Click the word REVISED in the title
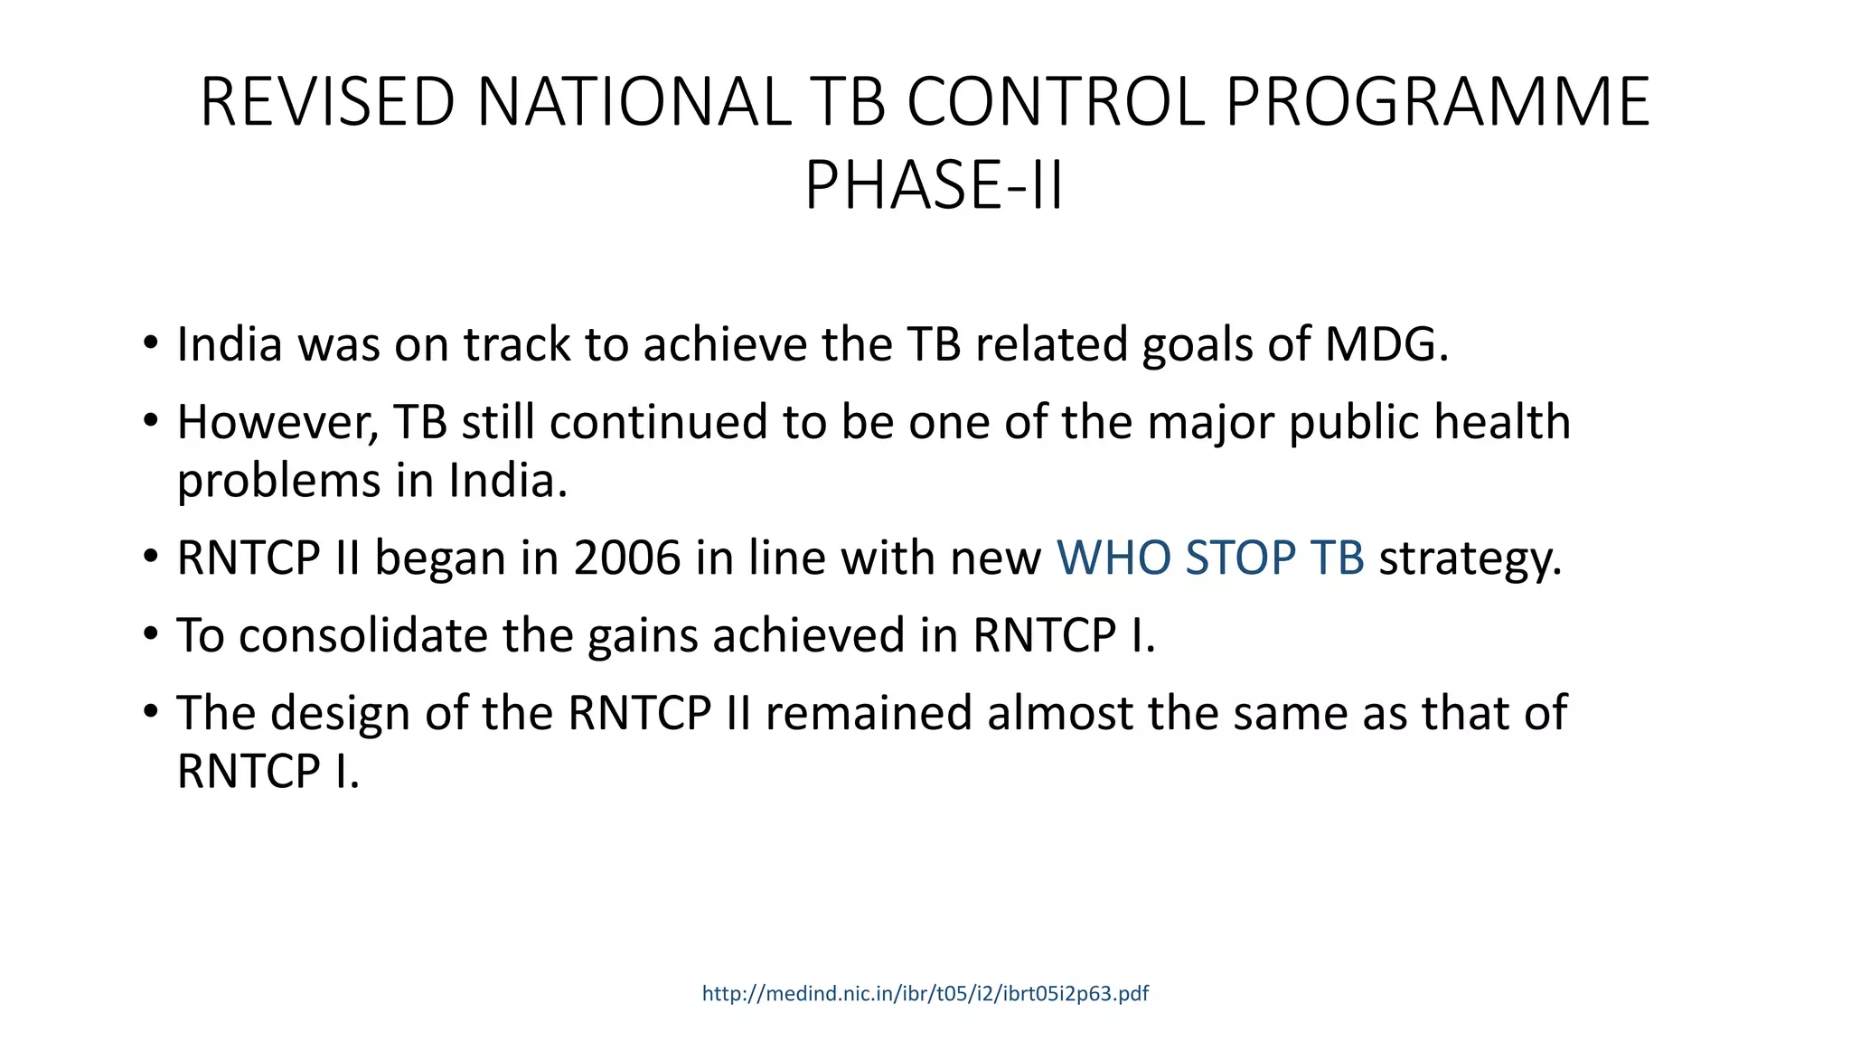pos(327,102)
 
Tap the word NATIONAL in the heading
pos(633,102)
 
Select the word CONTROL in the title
pos(1056,102)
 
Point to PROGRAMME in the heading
pos(1437,102)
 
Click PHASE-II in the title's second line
pos(934,185)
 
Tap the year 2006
pos(626,558)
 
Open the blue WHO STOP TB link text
pos(1210,558)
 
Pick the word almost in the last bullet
pos(1060,713)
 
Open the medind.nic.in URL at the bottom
pos(925,994)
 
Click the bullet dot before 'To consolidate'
pos(150,633)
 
